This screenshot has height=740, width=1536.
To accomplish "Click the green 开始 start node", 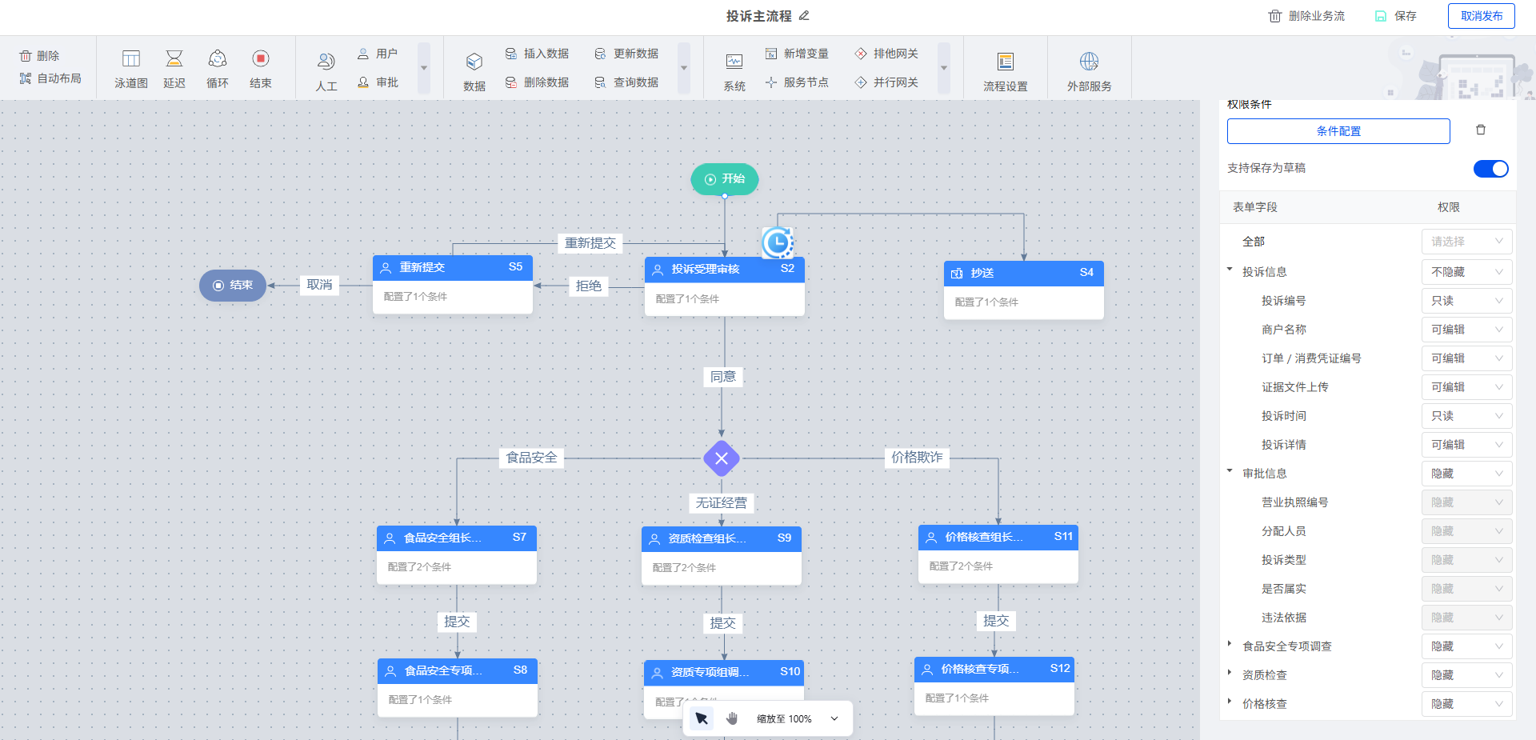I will [724, 179].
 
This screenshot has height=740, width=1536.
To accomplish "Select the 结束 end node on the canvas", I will [233, 286].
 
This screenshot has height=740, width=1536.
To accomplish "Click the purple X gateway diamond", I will [722, 458].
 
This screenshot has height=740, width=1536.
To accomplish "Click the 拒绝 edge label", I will [589, 286].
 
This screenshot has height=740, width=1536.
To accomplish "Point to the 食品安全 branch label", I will [531, 458].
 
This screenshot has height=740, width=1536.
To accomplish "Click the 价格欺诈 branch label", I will [917, 458].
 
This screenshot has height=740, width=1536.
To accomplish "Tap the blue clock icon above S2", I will [777, 242].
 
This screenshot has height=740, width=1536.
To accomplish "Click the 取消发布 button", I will [1481, 16].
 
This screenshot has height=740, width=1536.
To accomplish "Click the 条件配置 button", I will [1338, 131].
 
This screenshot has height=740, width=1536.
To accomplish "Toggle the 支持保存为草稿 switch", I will [1490, 169].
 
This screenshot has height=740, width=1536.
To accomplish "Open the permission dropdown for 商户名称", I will [1466, 330].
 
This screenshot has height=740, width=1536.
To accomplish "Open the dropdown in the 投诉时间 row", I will [1466, 416].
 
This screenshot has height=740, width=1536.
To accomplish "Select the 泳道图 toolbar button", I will [130, 69].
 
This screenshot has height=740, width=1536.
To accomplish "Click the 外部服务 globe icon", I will [1089, 62].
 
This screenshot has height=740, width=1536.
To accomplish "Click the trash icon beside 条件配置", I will [1481, 130].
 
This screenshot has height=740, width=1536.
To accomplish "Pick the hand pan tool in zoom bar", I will [732, 718].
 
